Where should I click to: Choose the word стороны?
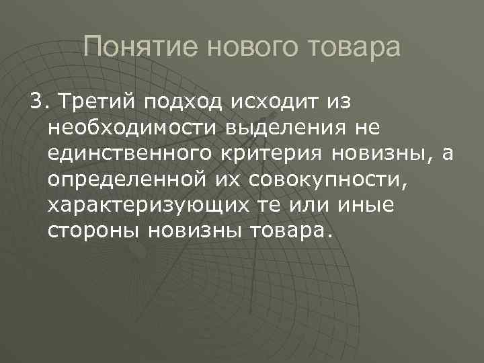[91, 231]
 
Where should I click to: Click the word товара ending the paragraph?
[292, 231]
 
